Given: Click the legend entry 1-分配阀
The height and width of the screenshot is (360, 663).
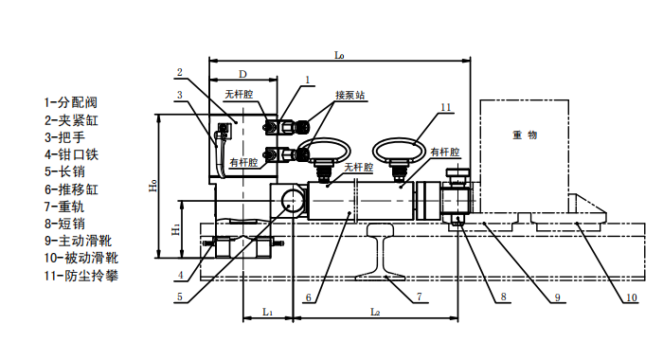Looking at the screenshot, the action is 71,102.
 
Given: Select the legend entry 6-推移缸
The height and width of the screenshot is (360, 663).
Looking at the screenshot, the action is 71,189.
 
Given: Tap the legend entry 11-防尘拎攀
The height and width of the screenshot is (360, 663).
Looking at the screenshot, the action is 81,276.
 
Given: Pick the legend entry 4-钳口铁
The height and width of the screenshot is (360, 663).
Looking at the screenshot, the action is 71,154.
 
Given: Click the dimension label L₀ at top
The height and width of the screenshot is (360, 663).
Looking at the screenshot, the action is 339,55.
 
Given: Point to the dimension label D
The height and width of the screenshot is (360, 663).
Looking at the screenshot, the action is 242,74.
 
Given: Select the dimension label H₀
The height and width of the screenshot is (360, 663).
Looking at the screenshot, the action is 153,186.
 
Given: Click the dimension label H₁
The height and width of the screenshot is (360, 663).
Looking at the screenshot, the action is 176,229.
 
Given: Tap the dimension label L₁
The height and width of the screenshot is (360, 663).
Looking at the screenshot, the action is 267,312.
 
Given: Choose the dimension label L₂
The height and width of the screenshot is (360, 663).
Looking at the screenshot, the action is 375,312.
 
